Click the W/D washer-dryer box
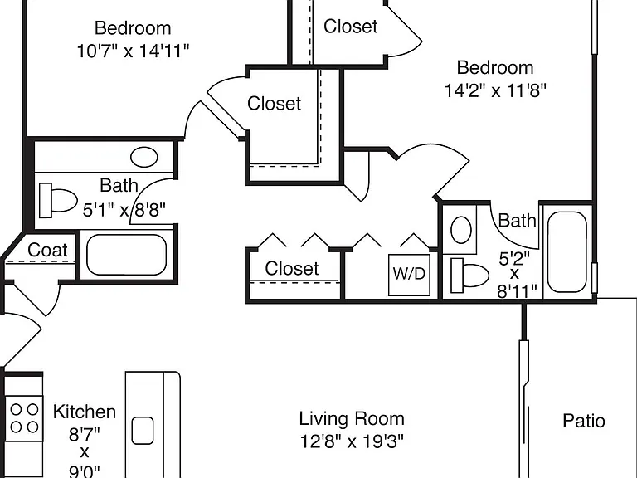click(409, 275)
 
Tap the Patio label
click(584, 421)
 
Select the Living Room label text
click(352, 418)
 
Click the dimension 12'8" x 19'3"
click(352, 441)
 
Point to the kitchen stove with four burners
click(24, 418)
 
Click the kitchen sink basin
click(143, 431)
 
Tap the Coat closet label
click(47, 250)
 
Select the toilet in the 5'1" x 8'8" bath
click(58, 200)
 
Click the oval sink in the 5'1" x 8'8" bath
click(144, 157)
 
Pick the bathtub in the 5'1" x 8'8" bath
click(127, 255)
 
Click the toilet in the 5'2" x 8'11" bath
click(469, 276)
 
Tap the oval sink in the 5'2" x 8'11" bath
click(461, 230)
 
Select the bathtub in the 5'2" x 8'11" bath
click(567, 252)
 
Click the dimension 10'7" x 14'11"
click(134, 51)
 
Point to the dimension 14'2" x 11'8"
click(495, 90)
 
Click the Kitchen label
click(85, 412)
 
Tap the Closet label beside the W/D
click(292, 269)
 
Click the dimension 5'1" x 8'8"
click(124, 210)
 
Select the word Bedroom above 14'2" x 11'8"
click(495, 67)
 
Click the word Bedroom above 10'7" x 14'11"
click(133, 28)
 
